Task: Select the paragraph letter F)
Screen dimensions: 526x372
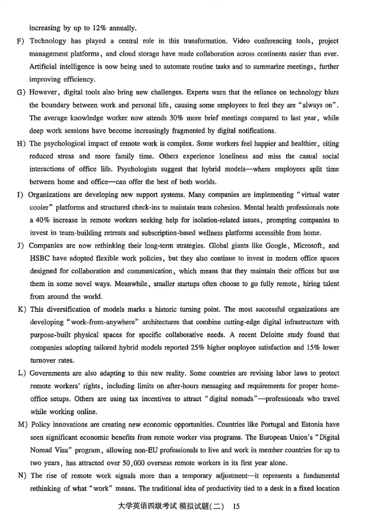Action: [x=20, y=41]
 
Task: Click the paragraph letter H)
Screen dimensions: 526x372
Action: [x=20, y=143]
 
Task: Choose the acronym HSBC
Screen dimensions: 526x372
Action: [x=40, y=258]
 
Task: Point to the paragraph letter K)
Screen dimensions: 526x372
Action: [x=20, y=309]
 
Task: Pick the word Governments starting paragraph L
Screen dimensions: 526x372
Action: [x=50, y=373]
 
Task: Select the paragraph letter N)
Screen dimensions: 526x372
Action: [x=20, y=475]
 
